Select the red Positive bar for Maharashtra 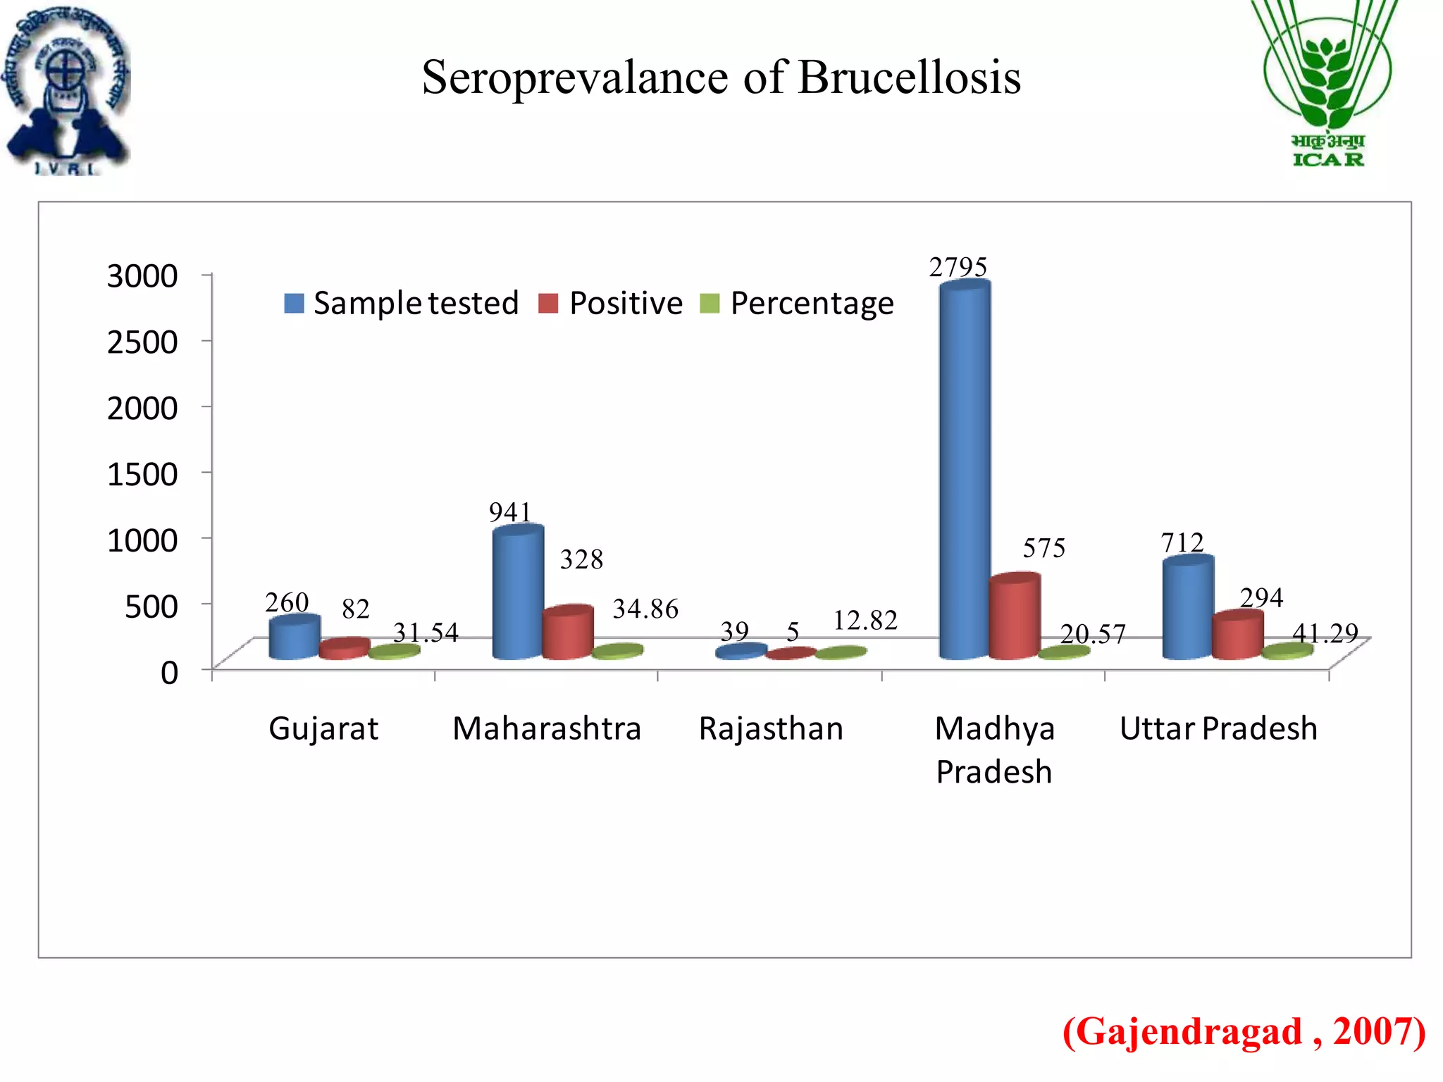568,634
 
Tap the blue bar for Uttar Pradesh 1188,609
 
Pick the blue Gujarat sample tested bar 295,638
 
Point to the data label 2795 958,268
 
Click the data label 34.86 645,609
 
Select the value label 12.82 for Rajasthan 865,621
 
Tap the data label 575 1044,548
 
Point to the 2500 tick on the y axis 142,342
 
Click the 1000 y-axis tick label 142,540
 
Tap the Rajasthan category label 771,728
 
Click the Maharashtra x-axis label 547,728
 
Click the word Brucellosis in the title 909,77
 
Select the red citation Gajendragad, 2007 1244,1032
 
